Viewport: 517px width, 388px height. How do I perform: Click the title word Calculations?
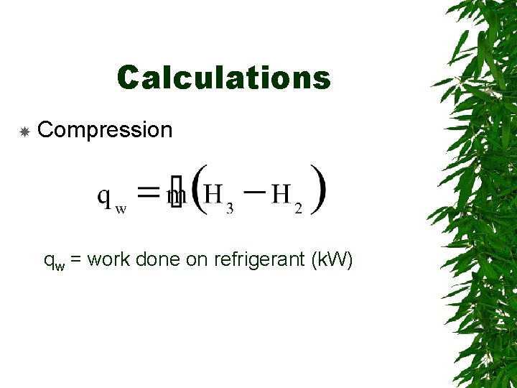click(x=223, y=78)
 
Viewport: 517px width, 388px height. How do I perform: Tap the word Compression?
click(x=105, y=130)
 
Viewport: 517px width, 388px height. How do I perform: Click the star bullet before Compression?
click(x=24, y=131)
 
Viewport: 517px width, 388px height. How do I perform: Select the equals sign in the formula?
click(x=148, y=192)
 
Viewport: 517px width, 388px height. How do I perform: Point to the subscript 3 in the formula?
click(x=229, y=208)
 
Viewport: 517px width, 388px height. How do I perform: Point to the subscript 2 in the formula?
click(x=298, y=208)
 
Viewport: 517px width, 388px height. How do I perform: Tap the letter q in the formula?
click(x=105, y=195)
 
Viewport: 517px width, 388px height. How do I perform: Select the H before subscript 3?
click(x=213, y=193)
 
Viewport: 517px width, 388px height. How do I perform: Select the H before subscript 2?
click(x=281, y=193)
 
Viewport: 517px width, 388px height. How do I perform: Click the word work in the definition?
click(x=111, y=259)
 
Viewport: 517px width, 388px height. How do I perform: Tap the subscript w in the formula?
click(x=121, y=209)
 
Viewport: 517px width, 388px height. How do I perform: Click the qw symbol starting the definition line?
click(x=54, y=262)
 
